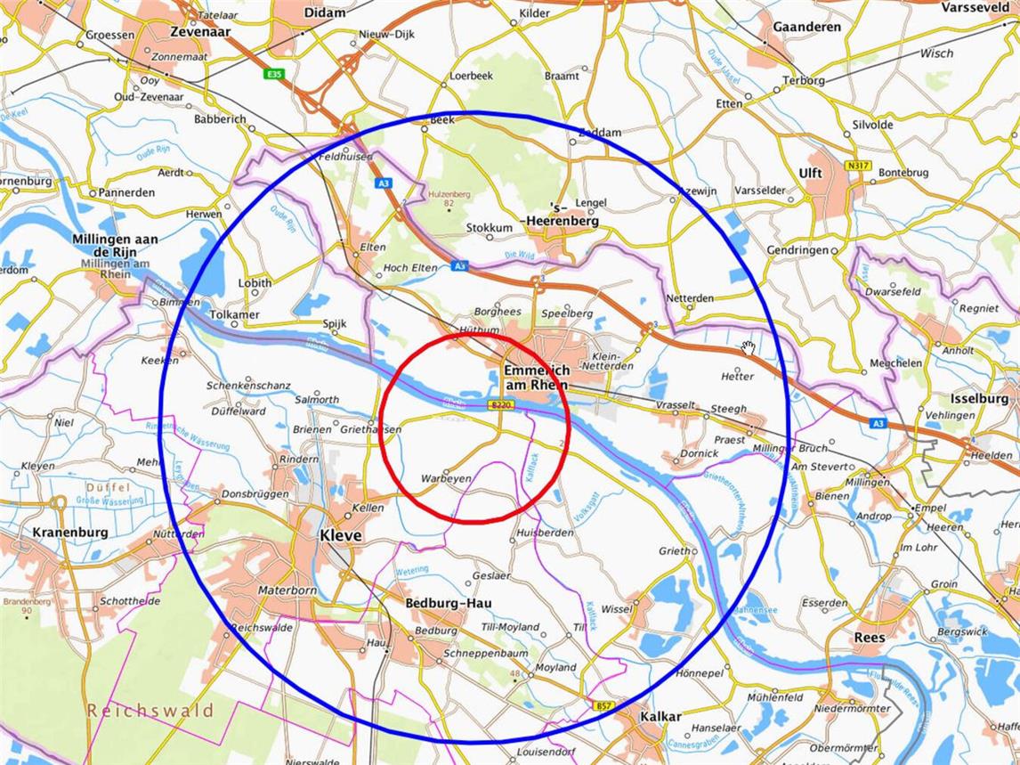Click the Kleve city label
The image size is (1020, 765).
(x=340, y=536)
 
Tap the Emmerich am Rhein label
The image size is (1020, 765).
(x=536, y=377)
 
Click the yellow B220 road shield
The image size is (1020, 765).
(x=502, y=405)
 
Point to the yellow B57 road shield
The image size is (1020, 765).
(x=603, y=705)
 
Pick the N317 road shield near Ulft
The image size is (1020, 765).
(x=858, y=165)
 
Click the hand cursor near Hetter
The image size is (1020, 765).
(x=749, y=347)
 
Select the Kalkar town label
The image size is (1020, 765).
(x=660, y=717)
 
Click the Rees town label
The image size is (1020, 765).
(x=869, y=638)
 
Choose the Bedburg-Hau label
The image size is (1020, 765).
(x=449, y=603)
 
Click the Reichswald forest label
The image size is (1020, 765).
(x=150, y=711)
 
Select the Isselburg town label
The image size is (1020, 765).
(x=979, y=398)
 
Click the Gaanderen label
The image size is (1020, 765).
(x=806, y=28)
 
